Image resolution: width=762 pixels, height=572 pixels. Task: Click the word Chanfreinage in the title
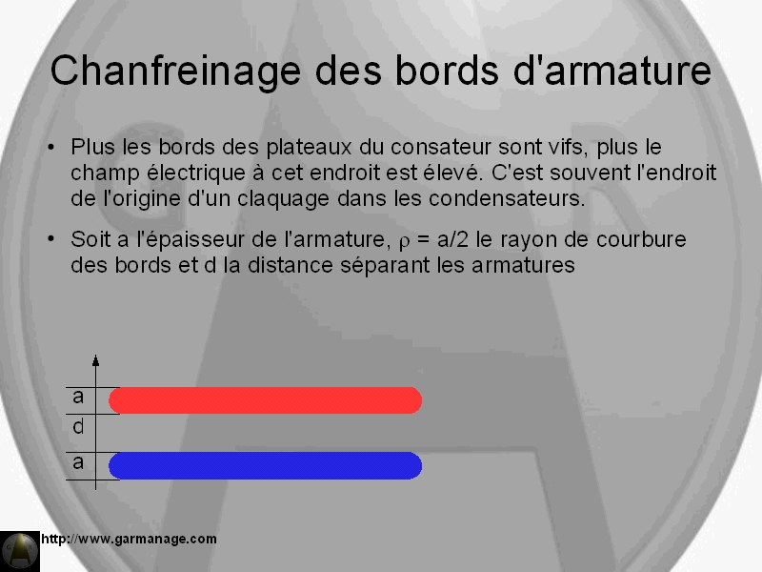175,71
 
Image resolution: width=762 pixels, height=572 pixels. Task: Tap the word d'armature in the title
612,70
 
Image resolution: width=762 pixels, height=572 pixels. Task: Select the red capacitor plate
265,400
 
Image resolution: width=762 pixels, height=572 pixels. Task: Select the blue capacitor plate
265,465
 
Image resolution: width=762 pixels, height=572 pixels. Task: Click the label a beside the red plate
78,398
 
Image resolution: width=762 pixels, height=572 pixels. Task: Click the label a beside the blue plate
78,463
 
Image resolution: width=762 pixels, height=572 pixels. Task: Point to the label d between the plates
78,427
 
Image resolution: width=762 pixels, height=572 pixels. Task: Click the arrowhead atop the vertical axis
96,360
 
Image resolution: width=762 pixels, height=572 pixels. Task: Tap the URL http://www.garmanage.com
129,539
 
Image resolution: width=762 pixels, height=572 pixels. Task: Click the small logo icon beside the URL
20,551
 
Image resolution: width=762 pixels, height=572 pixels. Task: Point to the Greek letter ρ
404,242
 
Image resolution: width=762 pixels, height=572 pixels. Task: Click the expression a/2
452,239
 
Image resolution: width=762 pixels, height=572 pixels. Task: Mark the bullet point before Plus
51,147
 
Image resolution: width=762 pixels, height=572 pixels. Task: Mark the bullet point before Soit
51,239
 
